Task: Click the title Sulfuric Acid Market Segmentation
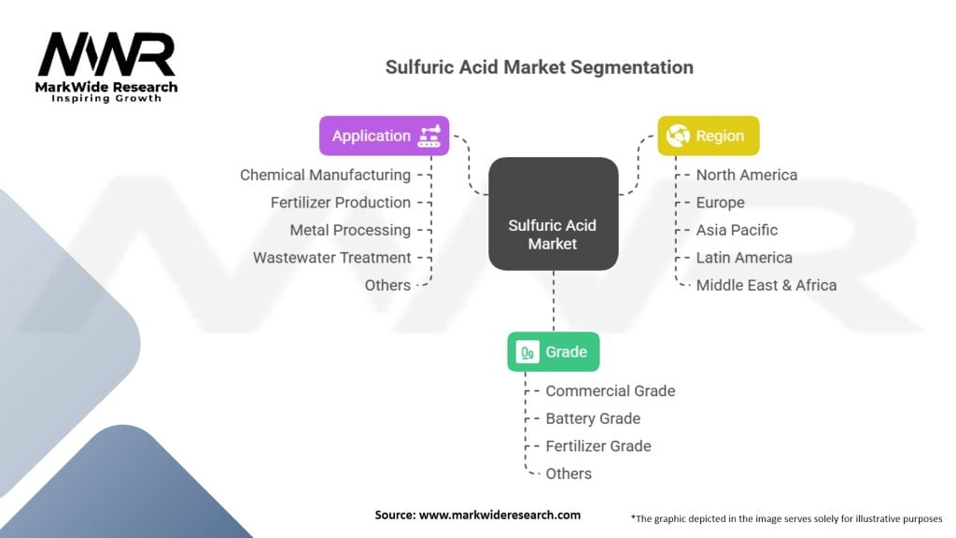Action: pyautogui.click(x=540, y=67)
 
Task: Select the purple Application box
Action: pyautogui.click(x=384, y=135)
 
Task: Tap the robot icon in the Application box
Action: pyautogui.click(x=429, y=135)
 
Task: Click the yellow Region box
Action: pyautogui.click(x=708, y=136)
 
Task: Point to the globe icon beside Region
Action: pyautogui.click(x=677, y=136)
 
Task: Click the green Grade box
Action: pyautogui.click(x=553, y=352)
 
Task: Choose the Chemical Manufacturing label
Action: pyautogui.click(x=325, y=175)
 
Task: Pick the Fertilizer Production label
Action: pyautogui.click(x=341, y=202)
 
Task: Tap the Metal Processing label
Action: pyautogui.click(x=350, y=230)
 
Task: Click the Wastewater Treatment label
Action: pyautogui.click(x=331, y=257)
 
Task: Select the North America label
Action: pyautogui.click(x=747, y=175)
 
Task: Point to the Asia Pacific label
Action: pyautogui.click(x=737, y=230)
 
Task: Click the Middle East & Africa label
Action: pyautogui.click(x=766, y=285)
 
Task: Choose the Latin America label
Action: pyautogui.click(x=744, y=257)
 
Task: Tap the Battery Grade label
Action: pyautogui.click(x=593, y=418)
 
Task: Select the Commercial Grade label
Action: pyautogui.click(x=610, y=390)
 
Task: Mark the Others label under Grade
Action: pyautogui.click(x=569, y=474)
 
